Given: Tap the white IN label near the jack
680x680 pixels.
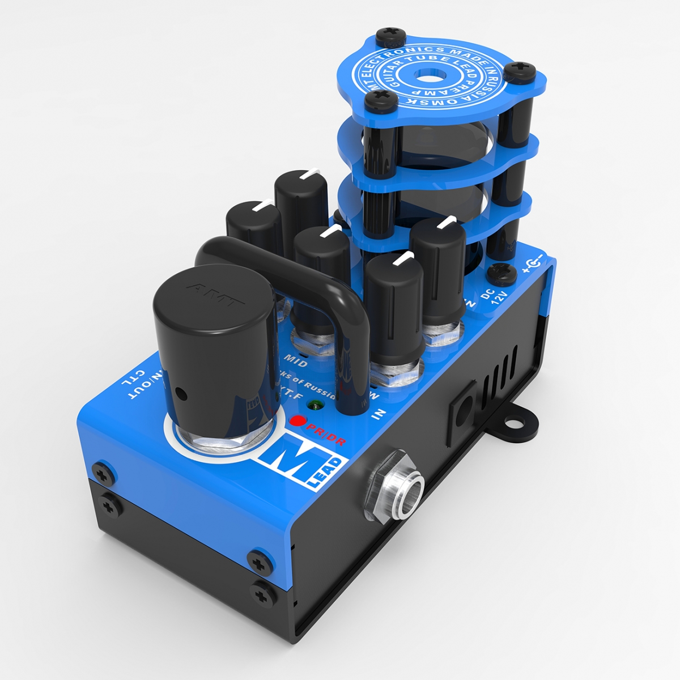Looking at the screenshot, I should (377, 414).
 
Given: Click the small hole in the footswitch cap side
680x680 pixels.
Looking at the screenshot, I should (180, 392).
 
